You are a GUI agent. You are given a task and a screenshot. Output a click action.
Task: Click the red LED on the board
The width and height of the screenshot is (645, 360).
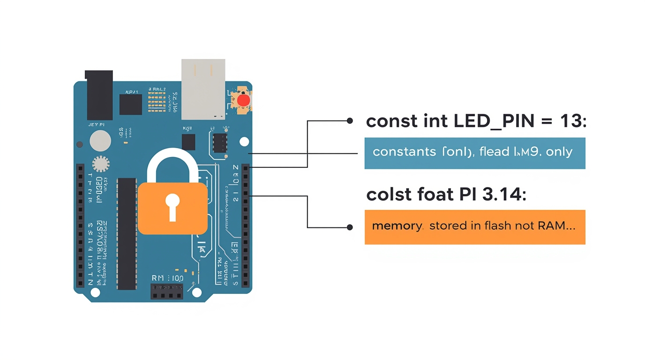pyautogui.click(x=243, y=100)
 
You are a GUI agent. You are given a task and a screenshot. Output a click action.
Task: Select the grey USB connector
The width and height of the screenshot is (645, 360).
pyautogui.click(x=203, y=88)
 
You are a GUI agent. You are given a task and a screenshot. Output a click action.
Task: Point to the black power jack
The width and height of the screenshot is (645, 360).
pyautogui.click(x=99, y=95)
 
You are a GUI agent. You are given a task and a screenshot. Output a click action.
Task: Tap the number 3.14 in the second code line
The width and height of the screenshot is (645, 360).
pyautogui.click(x=502, y=194)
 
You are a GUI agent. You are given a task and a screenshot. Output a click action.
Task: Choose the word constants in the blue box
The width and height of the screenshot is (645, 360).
pyautogui.click(x=404, y=152)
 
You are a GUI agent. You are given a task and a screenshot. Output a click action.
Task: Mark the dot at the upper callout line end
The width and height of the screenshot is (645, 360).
pyautogui.click(x=349, y=120)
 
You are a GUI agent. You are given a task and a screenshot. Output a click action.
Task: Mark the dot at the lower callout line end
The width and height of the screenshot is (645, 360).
pyautogui.click(x=349, y=227)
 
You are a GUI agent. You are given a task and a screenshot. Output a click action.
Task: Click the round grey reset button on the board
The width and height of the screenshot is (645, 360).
pyautogui.click(x=100, y=140)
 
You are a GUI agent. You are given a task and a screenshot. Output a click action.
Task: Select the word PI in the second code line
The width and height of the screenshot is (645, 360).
pyautogui.click(x=465, y=194)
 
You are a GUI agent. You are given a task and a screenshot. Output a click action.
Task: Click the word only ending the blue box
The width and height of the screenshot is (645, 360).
pyautogui.click(x=560, y=152)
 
